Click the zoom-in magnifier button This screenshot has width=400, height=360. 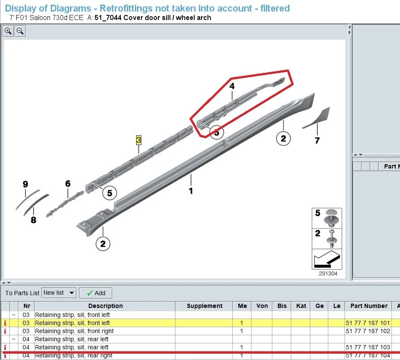pos(8,31)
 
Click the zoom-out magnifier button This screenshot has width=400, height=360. pos(20,31)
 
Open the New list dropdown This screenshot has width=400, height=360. pos(59,293)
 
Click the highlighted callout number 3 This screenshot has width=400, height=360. pos(138,139)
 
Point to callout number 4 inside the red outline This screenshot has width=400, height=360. pos(232,86)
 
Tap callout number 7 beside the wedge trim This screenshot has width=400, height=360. pos(317,140)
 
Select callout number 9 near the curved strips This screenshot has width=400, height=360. pos(25,184)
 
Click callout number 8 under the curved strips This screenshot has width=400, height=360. pos(33,220)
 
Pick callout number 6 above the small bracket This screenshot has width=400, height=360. pos(68,184)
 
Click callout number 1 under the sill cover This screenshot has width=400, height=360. pos(191,191)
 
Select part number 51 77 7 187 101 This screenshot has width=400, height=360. pos(368,323)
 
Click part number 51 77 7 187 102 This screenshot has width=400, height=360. pos(368,331)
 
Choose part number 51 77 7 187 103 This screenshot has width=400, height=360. pos(368,347)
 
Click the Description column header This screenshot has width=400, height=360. pos(105,306)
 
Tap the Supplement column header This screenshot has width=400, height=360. pos(204,306)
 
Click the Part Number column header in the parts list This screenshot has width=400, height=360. pos(369,306)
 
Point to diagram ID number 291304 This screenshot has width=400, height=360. pos(328,273)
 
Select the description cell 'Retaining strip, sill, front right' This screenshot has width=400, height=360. pos(74,331)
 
